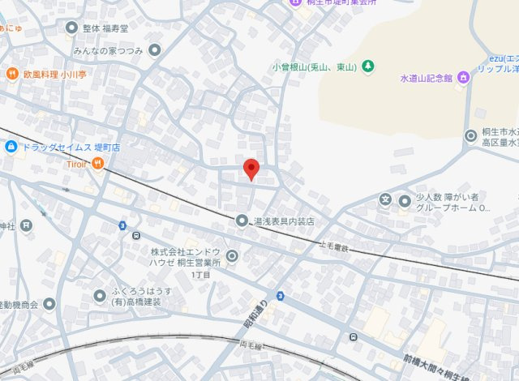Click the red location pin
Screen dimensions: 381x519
(x=251, y=169)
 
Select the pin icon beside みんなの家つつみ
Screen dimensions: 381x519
(x=155, y=50)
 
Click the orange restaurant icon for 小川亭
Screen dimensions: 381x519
(x=11, y=75)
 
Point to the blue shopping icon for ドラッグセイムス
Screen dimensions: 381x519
(x=11, y=147)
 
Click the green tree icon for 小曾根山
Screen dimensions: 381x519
(x=367, y=66)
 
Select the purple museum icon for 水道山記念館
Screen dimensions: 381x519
(x=463, y=78)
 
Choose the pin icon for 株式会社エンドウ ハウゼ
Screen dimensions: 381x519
(x=233, y=257)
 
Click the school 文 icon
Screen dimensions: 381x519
(x=385, y=199)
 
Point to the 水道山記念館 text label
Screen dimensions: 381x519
(x=426, y=79)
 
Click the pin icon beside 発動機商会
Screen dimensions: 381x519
(x=49, y=304)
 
